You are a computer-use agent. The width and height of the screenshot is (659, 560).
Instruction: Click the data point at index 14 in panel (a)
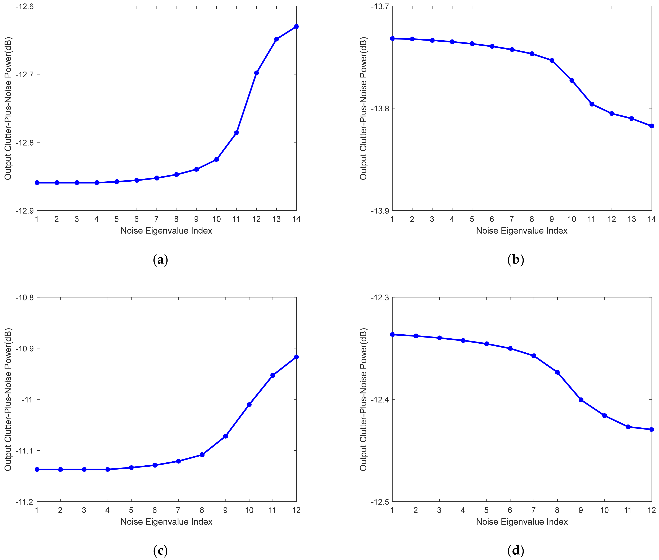click(x=296, y=26)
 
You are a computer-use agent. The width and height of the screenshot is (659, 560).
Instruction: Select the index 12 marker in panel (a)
click(x=257, y=73)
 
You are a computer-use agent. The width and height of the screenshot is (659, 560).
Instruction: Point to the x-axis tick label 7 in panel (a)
click(x=156, y=219)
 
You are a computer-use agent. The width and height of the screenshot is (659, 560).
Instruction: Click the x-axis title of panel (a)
click(x=166, y=231)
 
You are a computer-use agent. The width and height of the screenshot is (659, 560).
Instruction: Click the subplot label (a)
click(x=160, y=260)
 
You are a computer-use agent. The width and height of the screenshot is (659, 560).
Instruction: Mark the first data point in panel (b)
click(x=392, y=38)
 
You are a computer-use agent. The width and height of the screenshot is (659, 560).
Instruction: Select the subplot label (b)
click(x=516, y=260)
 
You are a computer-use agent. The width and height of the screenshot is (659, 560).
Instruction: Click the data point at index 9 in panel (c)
click(x=225, y=436)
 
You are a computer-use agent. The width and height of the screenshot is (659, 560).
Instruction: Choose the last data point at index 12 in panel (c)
click(x=296, y=357)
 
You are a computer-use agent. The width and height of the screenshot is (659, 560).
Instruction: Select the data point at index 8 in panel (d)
click(x=557, y=372)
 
